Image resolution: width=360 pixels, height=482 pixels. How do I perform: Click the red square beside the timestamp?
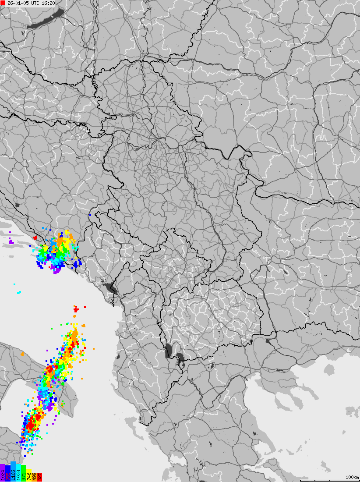(x=3, y=3)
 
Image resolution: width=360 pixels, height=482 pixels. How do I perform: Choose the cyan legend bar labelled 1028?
(x=18, y=473)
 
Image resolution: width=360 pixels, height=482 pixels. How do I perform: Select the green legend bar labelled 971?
(x=24, y=474)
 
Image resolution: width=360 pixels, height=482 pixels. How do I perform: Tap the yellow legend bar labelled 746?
(x=29, y=475)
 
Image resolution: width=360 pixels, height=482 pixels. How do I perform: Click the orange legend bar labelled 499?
(x=34, y=476)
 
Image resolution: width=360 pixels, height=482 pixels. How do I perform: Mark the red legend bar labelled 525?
(x=39, y=476)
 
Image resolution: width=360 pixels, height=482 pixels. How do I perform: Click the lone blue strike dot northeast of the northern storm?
(x=89, y=215)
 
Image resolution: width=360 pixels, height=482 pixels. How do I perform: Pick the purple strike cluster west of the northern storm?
(x=11, y=241)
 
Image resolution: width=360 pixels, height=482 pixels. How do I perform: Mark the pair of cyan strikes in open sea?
(x=19, y=292)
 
